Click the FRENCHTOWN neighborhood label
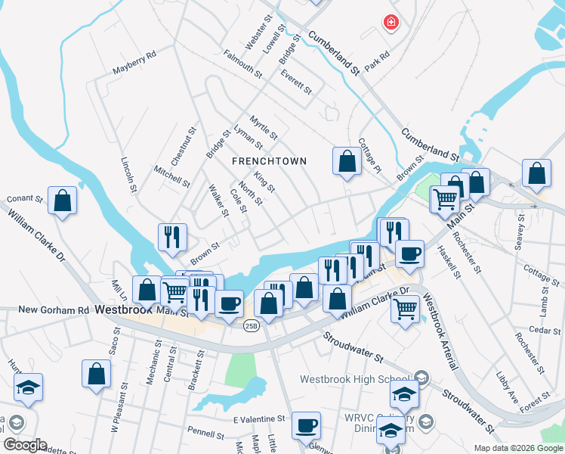click(x=270, y=161)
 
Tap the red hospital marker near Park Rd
click(x=391, y=23)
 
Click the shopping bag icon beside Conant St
click(x=63, y=201)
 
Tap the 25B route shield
click(x=252, y=326)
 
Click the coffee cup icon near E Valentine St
click(x=306, y=426)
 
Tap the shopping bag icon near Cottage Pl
click(x=347, y=160)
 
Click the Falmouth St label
click(x=242, y=64)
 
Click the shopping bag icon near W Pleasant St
click(x=97, y=374)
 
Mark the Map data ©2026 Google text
click(x=518, y=448)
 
